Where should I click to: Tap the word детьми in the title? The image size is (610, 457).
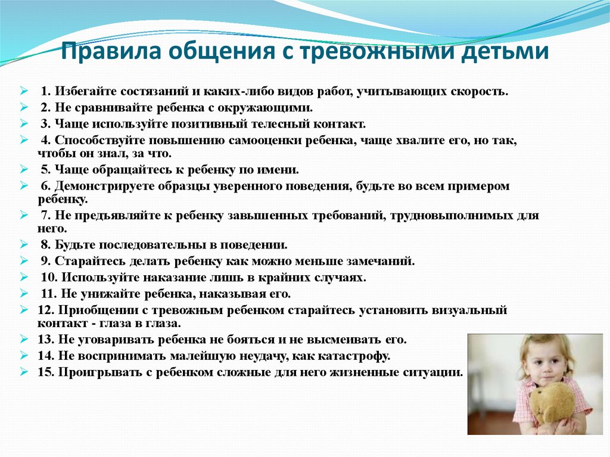click(x=505, y=51)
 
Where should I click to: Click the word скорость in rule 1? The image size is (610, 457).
click(x=480, y=92)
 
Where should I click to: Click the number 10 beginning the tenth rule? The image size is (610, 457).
click(x=49, y=278)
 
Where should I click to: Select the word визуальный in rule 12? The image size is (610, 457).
click(x=469, y=310)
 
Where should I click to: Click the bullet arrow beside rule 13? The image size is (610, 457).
click(x=24, y=340)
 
